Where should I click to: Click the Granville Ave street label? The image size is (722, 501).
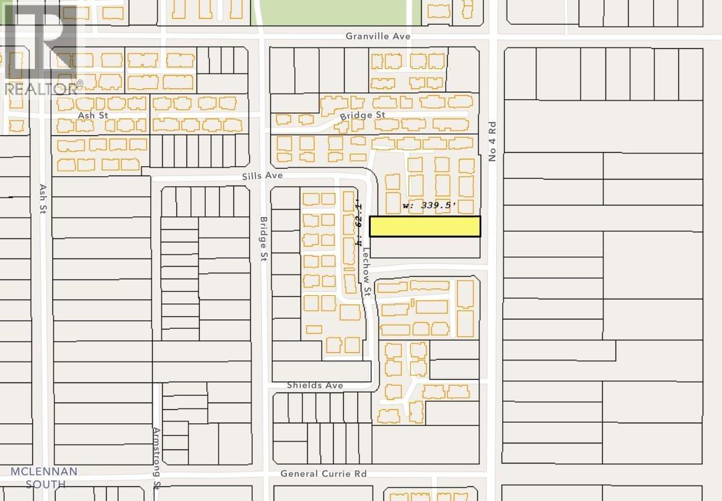point(378,36)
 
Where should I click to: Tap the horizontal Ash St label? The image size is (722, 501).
point(74,115)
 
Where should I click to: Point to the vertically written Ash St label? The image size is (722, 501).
point(43,199)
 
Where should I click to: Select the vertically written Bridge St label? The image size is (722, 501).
point(263,238)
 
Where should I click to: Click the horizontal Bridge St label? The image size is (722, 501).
point(363,115)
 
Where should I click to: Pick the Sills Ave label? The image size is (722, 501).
point(263,175)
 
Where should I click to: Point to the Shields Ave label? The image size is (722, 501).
point(314,386)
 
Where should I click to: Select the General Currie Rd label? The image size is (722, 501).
point(323,474)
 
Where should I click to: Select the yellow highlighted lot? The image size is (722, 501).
point(425,226)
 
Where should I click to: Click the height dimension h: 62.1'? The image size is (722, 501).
point(359,218)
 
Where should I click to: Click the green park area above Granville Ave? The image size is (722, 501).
point(333,12)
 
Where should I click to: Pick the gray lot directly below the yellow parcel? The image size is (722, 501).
point(425,248)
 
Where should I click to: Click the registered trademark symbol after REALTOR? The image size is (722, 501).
point(80,84)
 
